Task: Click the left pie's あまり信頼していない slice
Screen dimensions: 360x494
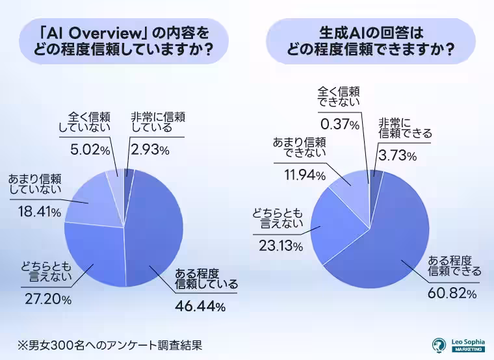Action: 91,201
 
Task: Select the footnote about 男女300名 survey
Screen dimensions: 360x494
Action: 111,342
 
